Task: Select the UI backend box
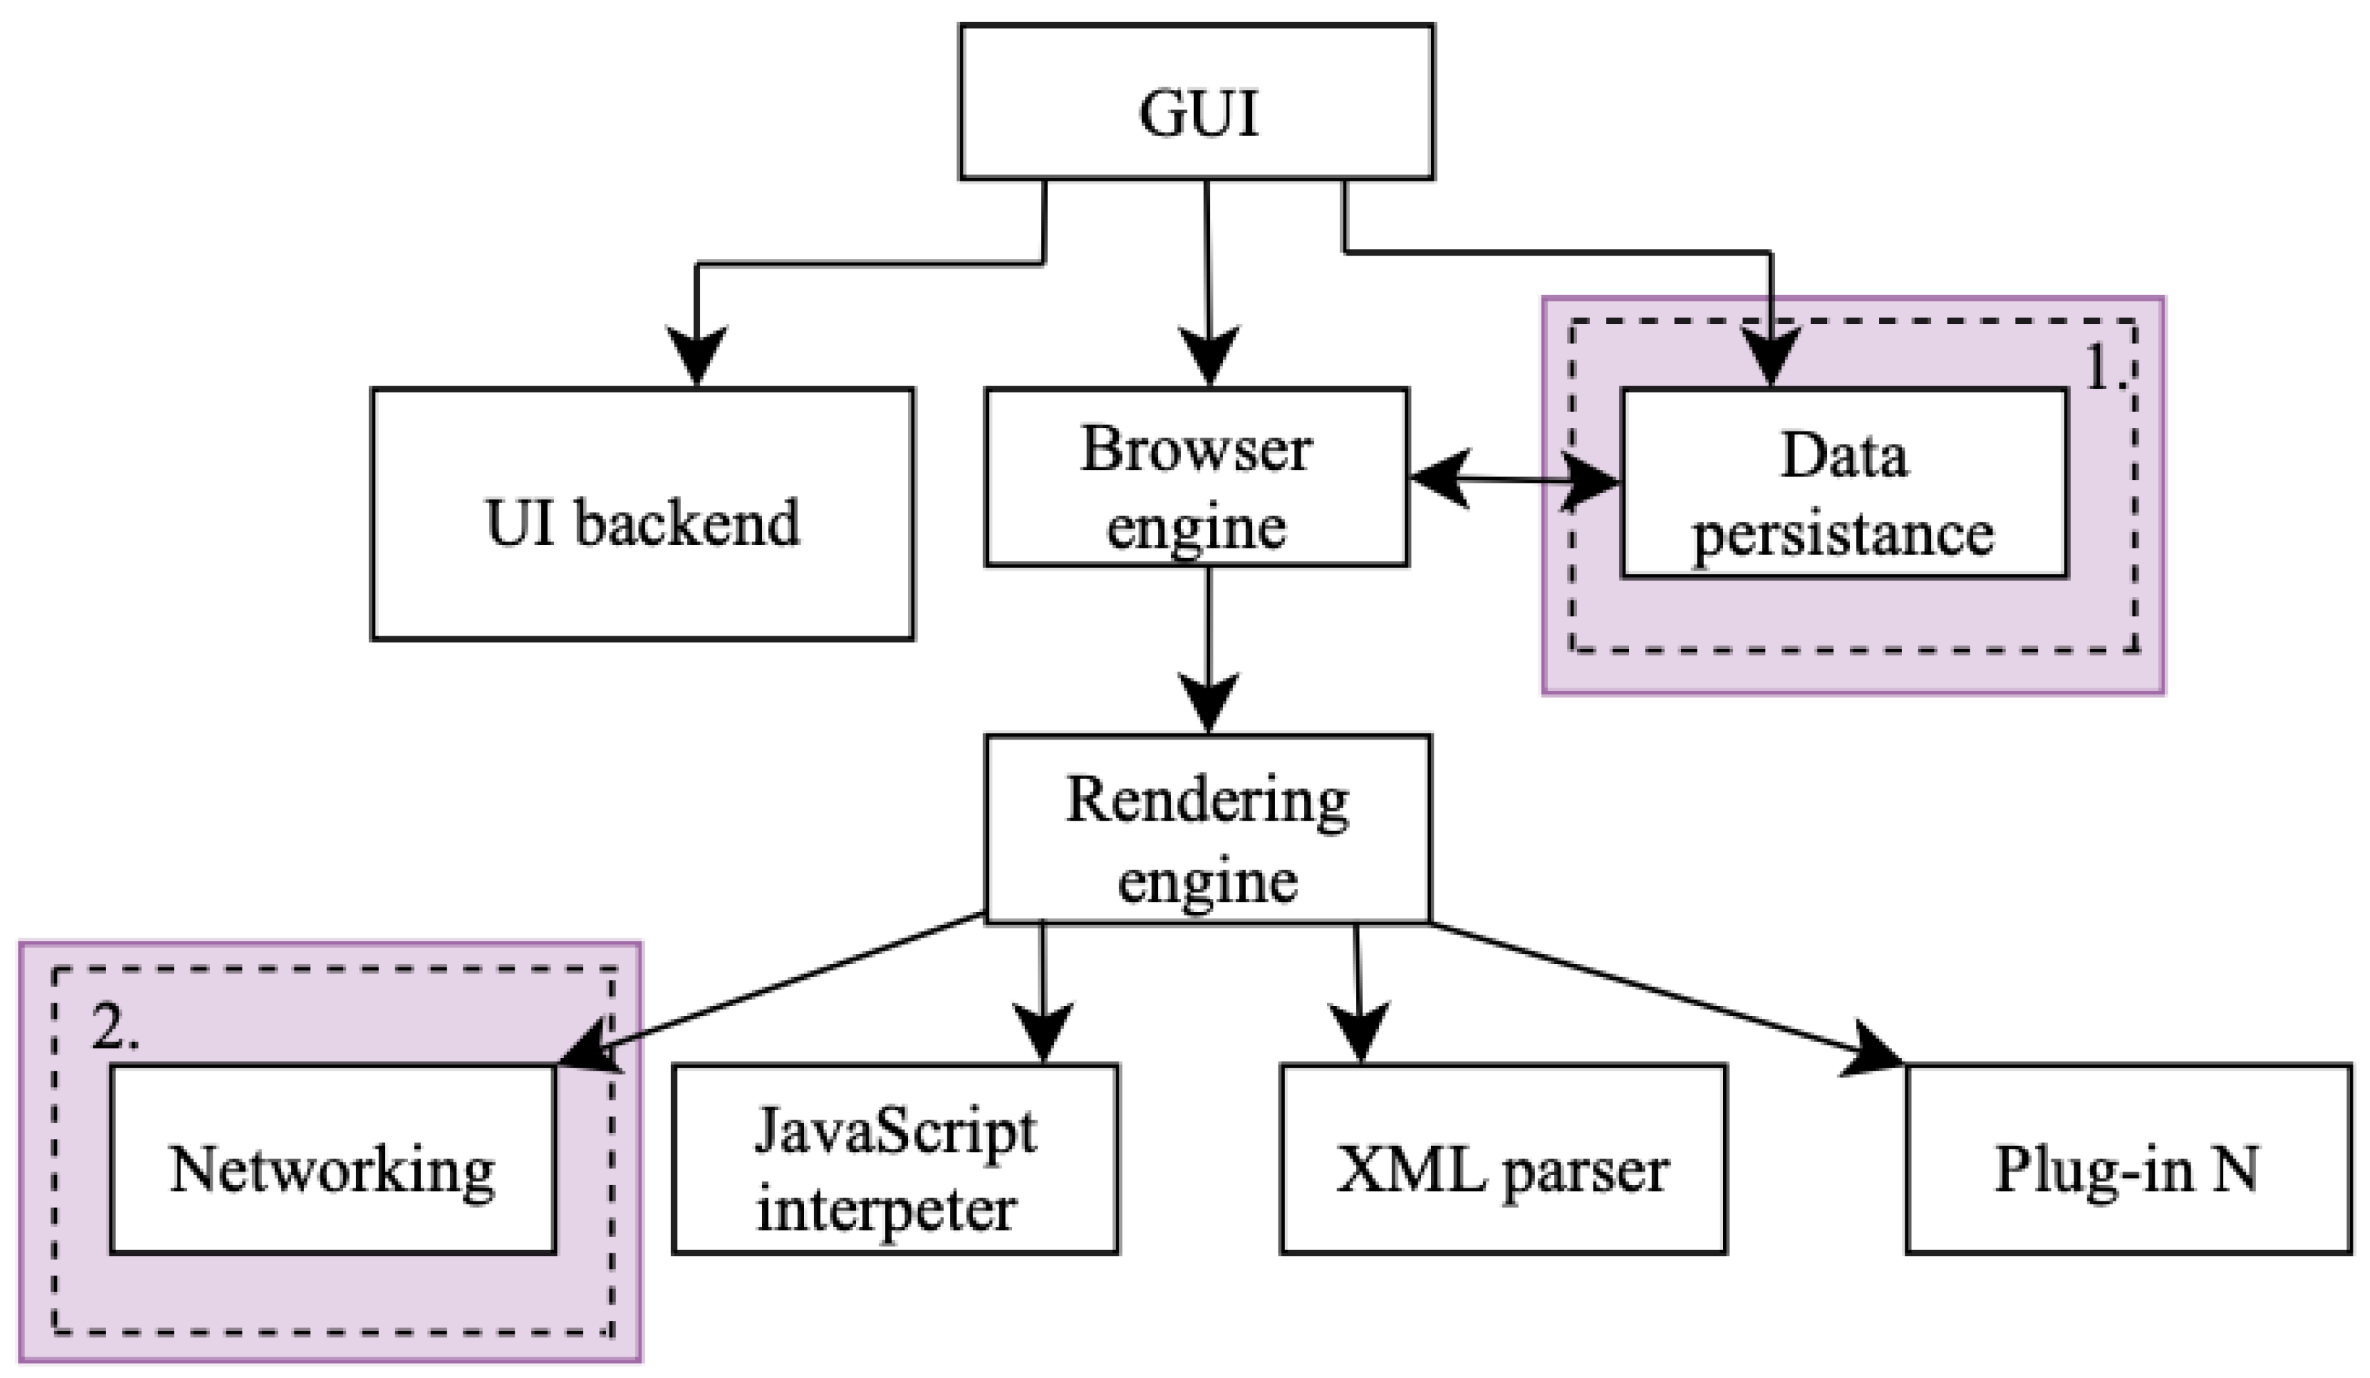tap(642, 514)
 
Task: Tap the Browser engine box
tap(1196, 477)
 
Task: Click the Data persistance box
tap(1844, 483)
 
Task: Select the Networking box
tap(333, 1160)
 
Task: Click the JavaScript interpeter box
tap(896, 1160)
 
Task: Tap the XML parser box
tap(1503, 1160)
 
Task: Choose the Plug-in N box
tap(2128, 1160)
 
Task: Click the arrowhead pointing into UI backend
tap(696, 355)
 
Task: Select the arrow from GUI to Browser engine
tap(1208, 273)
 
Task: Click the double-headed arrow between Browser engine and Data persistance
tap(1514, 480)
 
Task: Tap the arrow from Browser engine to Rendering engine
tap(1209, 640)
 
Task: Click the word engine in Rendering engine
tap(1208, 882)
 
